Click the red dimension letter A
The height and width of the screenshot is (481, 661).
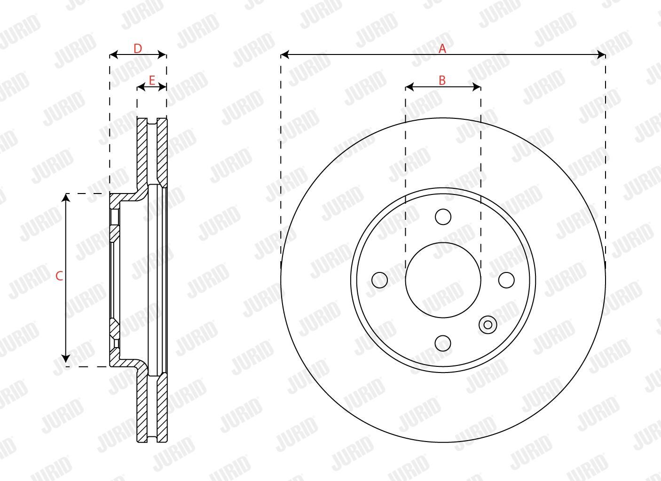tap(442, 49)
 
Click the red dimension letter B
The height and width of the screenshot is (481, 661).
tap(442, 80)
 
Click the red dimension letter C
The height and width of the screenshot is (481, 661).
tap(59, 276)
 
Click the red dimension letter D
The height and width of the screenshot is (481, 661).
tap(137, 49)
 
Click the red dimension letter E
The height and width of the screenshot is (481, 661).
tap(152, 80)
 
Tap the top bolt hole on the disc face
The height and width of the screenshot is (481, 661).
tap(443, 217)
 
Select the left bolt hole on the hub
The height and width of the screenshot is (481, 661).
tap(380, 280)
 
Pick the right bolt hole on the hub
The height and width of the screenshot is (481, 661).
tap(506, 280)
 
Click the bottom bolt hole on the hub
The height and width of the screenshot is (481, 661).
tap(443, 343)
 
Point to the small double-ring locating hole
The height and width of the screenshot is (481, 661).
tap(488, 325)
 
